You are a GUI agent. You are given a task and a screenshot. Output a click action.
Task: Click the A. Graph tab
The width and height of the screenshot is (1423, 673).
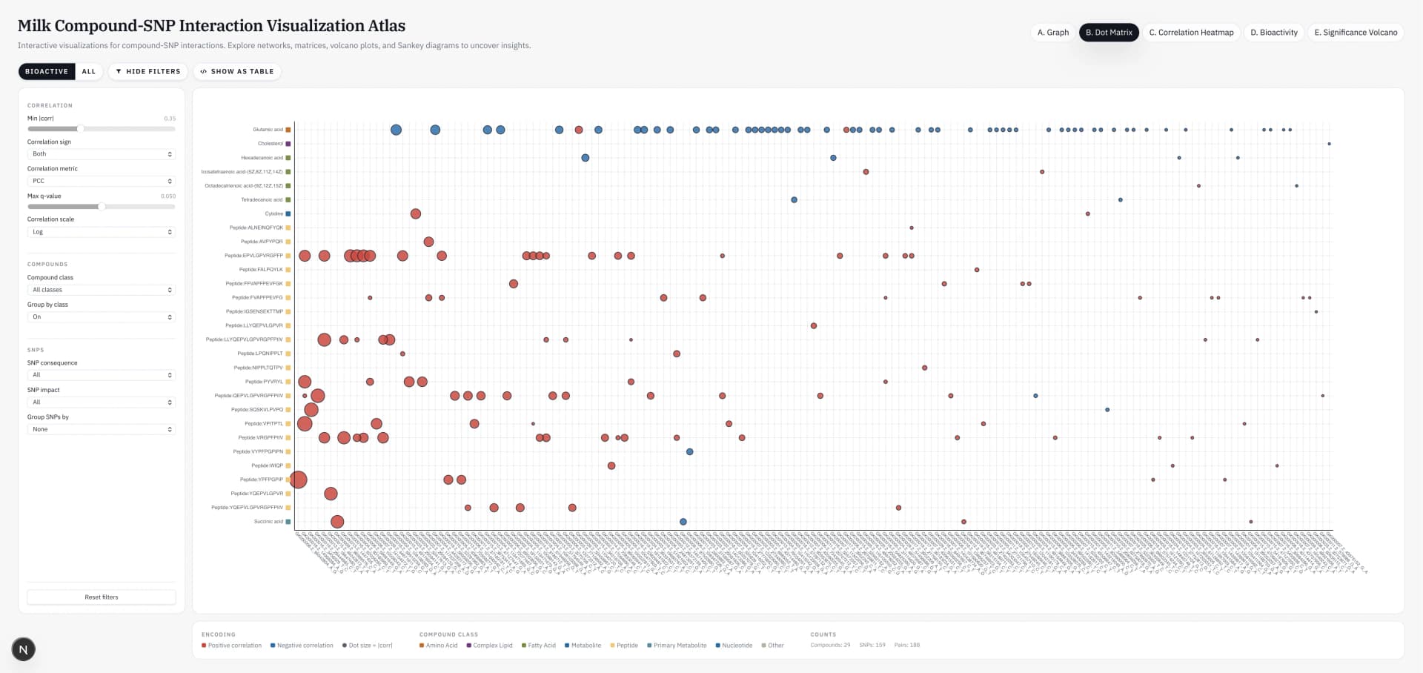coord(1052,33)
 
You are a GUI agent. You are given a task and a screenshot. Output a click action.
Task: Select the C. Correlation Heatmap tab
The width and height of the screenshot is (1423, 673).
coord(1191,33)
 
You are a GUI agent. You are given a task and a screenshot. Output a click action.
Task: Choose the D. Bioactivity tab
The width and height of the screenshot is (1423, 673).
coord(1274,33)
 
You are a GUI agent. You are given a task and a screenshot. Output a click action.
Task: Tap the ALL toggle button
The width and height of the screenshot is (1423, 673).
coord(89,72)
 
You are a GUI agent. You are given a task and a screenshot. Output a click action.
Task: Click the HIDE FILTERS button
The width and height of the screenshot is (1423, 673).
coord(148,72)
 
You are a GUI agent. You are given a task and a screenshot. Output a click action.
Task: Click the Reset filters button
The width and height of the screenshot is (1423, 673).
coord(102,597)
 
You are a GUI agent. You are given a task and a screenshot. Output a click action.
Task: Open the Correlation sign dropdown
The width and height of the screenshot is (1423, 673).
coord(102,154)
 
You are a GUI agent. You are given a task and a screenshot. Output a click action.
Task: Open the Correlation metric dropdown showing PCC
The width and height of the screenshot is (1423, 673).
coord(102,182)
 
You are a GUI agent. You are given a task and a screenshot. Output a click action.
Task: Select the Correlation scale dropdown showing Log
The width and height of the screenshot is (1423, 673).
coord(102,232)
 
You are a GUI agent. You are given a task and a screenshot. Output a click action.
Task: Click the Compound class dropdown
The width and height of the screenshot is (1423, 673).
coord(102,290)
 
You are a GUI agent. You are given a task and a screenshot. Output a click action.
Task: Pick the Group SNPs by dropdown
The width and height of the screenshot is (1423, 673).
coord(102,430)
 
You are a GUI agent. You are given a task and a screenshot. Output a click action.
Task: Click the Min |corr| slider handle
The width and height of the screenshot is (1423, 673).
coord(80,129)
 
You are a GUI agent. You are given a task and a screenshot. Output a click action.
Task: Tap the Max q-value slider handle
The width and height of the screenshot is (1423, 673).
coord(102,207)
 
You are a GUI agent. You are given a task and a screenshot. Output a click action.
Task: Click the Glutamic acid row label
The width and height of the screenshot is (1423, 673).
coord(268,130)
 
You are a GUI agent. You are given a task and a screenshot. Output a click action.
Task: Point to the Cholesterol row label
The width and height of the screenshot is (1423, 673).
coord(270,144)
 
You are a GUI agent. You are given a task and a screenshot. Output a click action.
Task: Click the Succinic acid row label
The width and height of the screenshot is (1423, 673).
coord(268,522)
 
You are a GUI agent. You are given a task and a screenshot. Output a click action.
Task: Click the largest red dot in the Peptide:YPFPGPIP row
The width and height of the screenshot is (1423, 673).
coord(299,480)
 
